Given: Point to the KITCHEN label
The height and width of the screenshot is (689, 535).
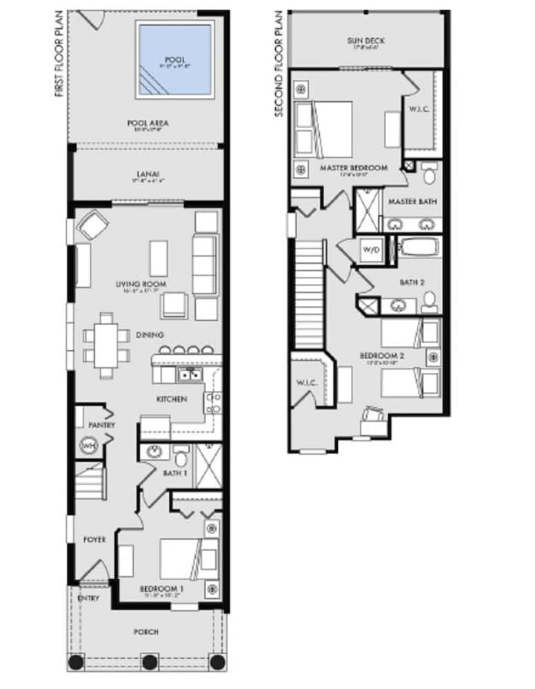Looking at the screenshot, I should point(172,399).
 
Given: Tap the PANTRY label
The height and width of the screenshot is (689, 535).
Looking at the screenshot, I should point(101,426).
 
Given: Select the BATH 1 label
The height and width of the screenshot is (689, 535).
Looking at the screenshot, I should point(174,473).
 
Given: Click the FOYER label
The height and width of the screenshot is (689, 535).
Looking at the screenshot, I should point(94,539).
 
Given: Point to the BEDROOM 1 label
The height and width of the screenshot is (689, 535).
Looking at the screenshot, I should point(161,589).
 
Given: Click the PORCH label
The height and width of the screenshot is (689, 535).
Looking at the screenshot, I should point(147,632).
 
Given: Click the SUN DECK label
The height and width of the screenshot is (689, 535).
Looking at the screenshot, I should point(365,41).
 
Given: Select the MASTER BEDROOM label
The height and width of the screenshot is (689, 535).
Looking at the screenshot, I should point(354,167).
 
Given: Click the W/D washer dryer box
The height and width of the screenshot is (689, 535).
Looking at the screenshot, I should point(370,251).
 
